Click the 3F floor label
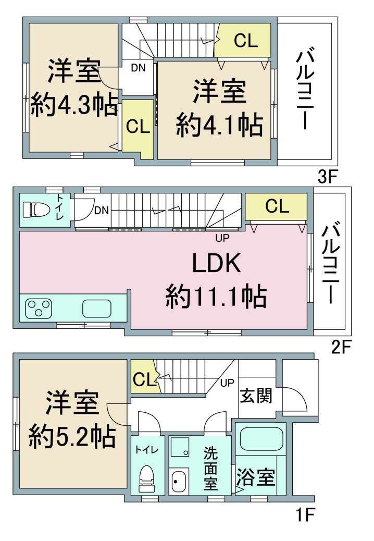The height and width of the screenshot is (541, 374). (x=327, y=177)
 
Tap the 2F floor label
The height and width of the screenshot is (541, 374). (x=341, y=347)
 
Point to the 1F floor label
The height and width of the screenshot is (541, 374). (x=305, y=515)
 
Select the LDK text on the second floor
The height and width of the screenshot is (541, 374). (x=216, y=263)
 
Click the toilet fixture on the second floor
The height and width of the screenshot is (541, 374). (x=36, y=209)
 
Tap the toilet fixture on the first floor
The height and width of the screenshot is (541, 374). (x=146, y=478)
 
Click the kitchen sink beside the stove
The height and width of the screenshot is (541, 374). (x=97, y=309)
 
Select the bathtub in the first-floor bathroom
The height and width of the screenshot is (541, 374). (x=261, y=438)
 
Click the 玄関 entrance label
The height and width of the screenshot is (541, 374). (x=256, y=396)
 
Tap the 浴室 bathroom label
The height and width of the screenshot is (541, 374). (x=255, y=477)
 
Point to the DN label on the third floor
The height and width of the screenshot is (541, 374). (x=138, y=68)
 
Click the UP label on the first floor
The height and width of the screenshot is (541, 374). (x=227, y=383)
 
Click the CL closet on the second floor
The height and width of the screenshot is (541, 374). (x=276, y=206)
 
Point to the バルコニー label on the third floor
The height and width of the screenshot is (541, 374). (x=305, y=90)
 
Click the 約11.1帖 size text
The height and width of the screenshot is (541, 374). (x=216, y=297)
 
